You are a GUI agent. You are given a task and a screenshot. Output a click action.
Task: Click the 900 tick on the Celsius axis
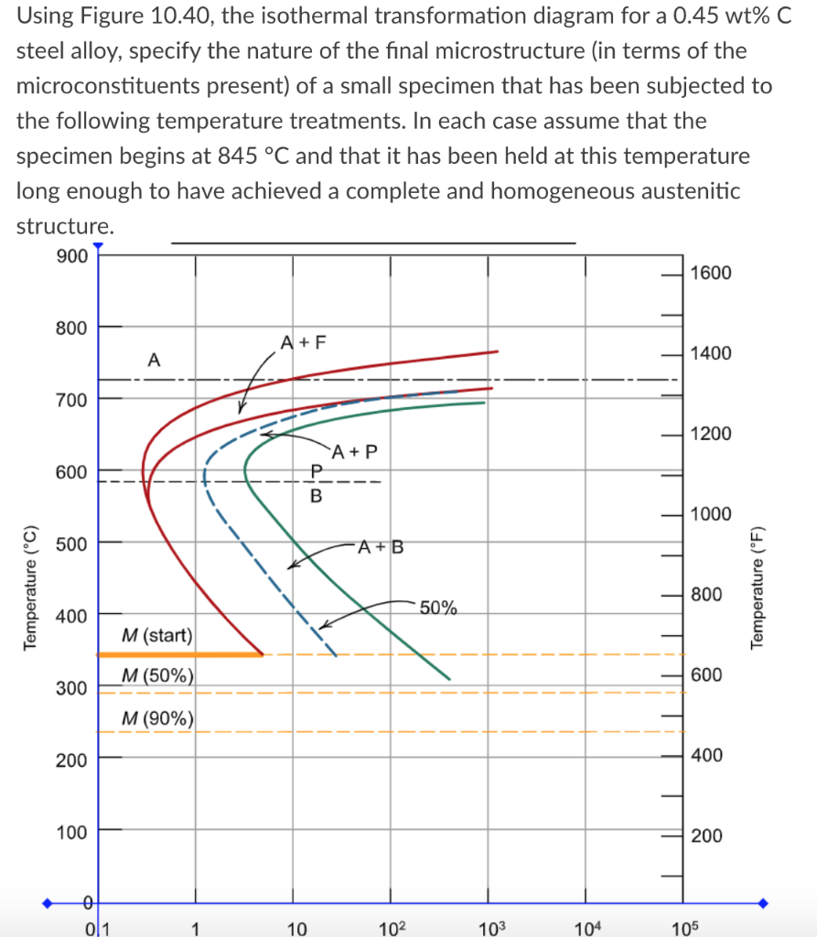tap(71, 256)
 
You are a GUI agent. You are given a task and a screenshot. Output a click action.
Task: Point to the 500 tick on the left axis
tap(71, 544)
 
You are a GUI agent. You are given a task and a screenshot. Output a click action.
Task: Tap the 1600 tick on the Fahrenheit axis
tap(711, 273)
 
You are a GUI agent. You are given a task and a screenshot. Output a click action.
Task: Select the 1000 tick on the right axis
tap(711, 513)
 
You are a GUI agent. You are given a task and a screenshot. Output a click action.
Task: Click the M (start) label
tap(156, 635)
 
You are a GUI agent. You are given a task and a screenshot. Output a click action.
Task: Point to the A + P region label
tap(356, 451)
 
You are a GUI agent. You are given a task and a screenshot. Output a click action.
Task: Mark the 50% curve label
tap(439, 609)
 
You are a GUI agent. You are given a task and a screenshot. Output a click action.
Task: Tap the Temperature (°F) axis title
tap(757, 587)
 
